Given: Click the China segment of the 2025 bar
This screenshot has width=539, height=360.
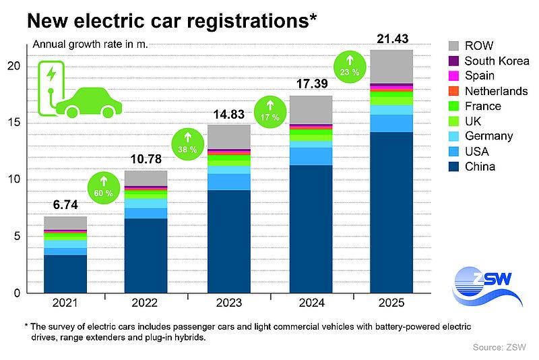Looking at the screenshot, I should pos(391,212).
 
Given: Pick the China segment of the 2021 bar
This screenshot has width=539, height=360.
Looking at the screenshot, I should pos(66,274).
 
